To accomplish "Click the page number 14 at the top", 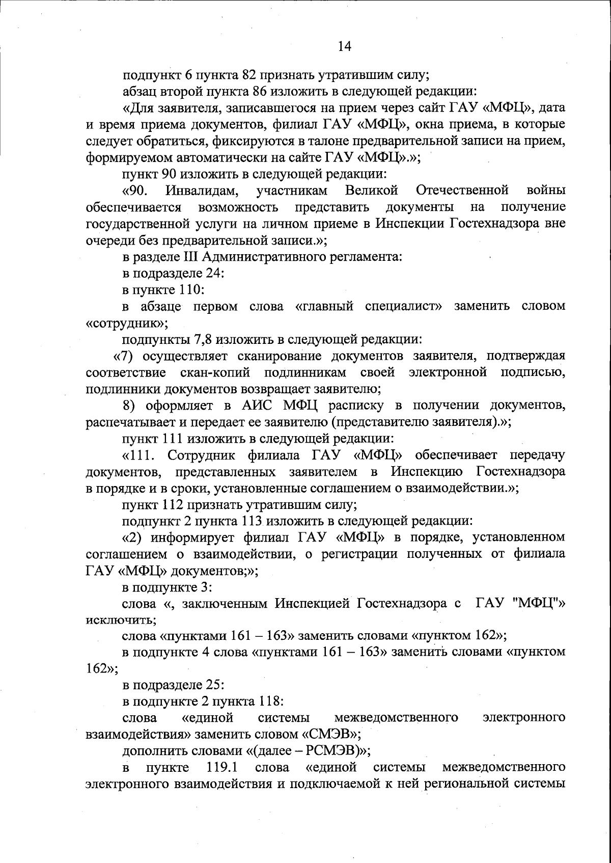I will coord(344,46).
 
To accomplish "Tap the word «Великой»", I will coord(371,191).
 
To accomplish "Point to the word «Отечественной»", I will coord(462,191).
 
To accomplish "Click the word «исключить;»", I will coord(121,621).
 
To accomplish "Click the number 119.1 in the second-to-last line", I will coord(222,767).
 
